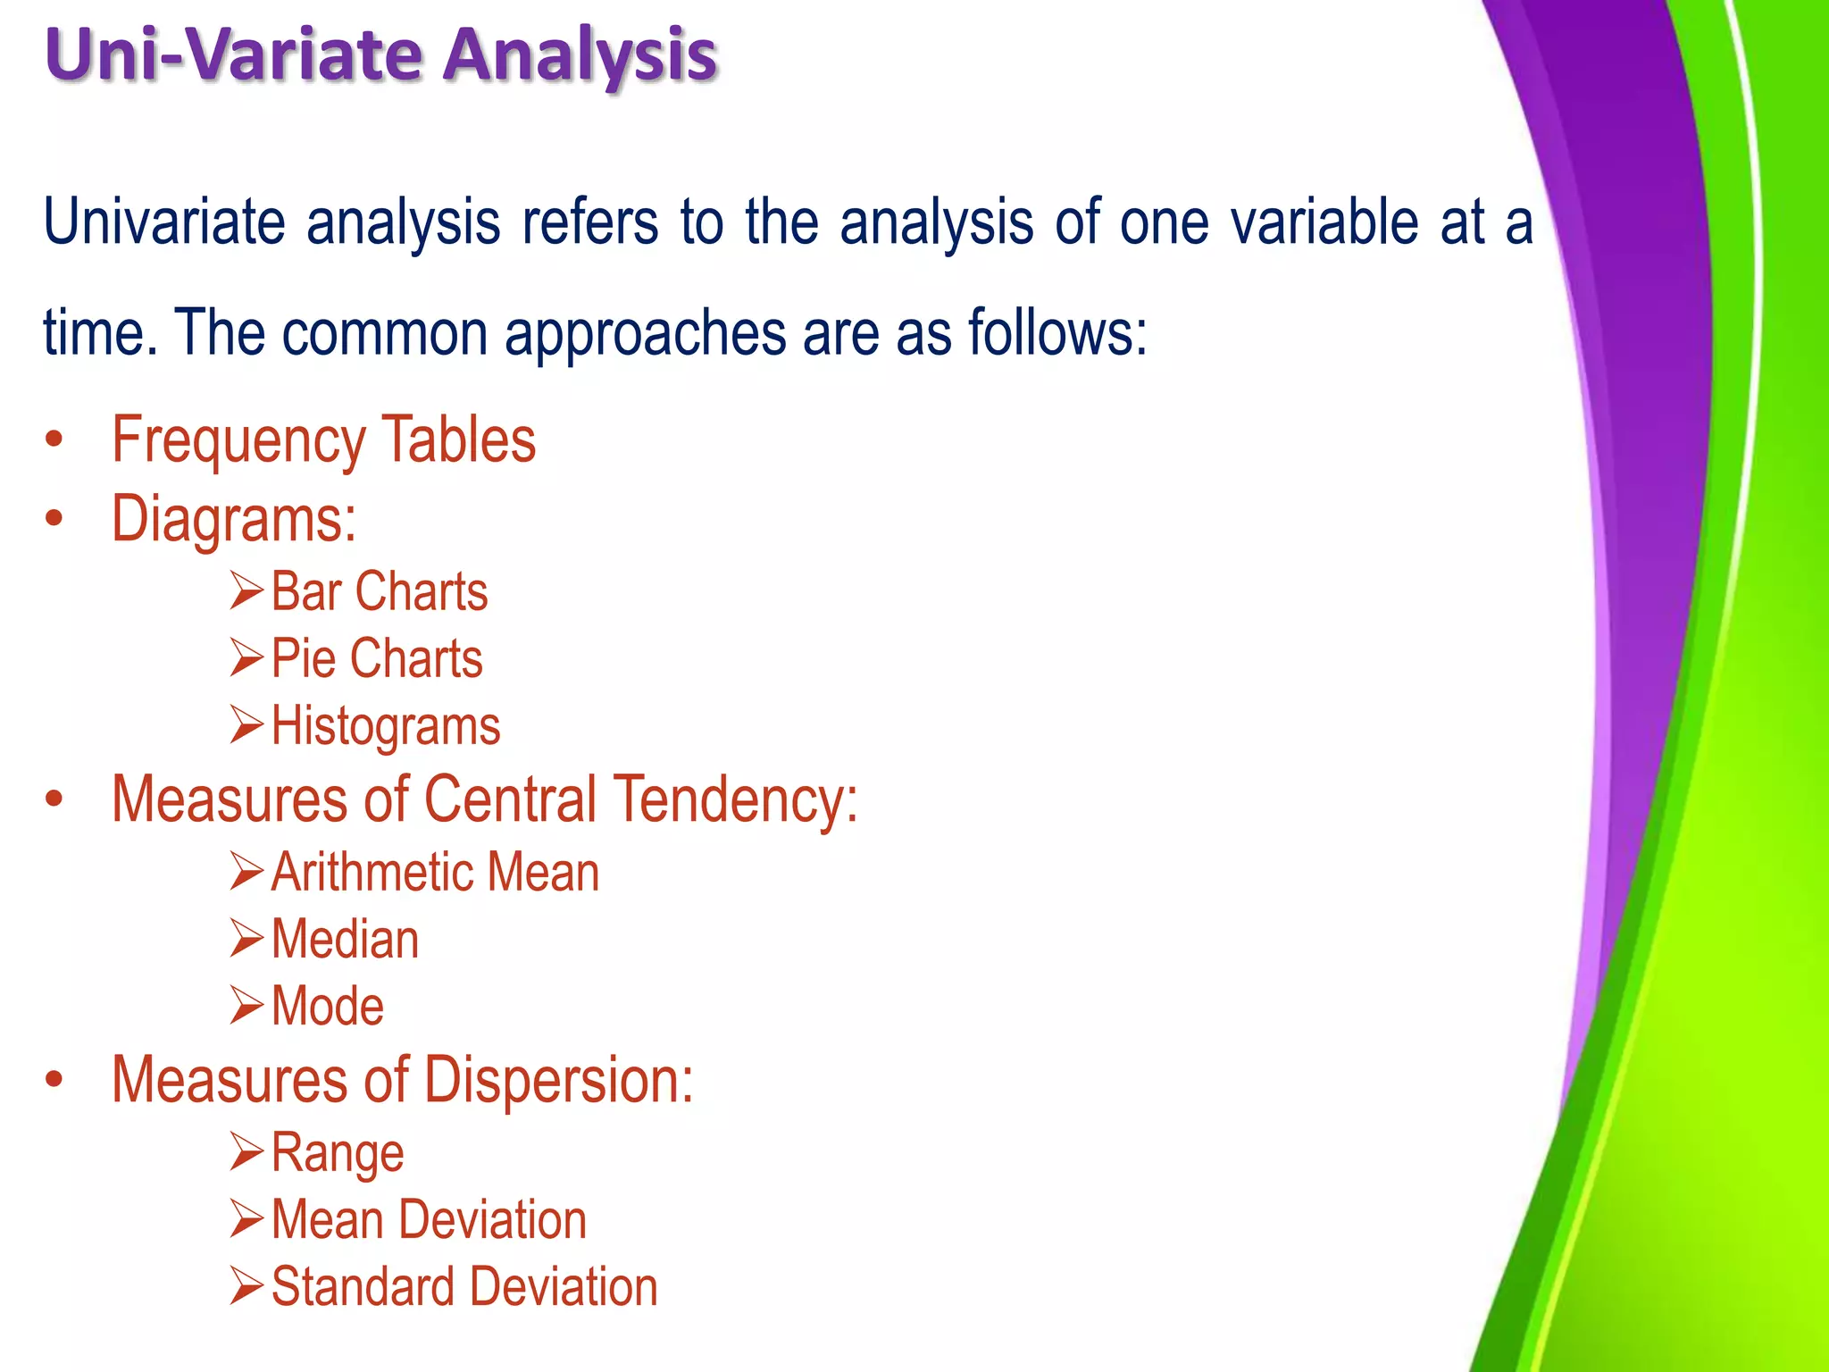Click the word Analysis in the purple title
(x=580, y=55)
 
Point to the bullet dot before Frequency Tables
(x=54, y=439)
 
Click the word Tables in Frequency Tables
(x=458, y=439)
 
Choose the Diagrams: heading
(x=233, y=518)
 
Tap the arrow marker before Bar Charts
(x=246, y=591)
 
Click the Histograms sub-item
(x=385, y=725)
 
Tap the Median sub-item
(x=345, y=939)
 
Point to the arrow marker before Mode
(x=246, y=1006)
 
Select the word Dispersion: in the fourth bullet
(x=558, y=1079)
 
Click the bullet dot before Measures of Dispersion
(x=54, y=1079)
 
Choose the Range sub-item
(x=337, y=1152)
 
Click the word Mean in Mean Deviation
(x=327, y=1219)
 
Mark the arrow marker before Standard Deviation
(x=246, y=1286)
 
